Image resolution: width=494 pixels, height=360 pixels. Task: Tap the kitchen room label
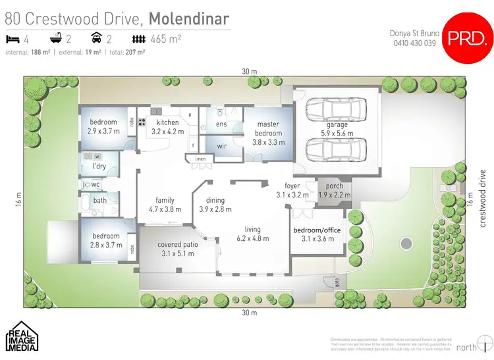(x=167, y=122)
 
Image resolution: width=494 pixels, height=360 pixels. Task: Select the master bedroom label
(x=268, y=124)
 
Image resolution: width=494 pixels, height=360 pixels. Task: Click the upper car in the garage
(x=336, y=109)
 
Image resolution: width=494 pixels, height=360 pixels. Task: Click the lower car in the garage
(x=336, y=150)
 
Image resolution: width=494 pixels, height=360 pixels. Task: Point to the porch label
(x=331, y=186)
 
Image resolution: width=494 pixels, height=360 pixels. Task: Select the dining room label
(x=215, y=201)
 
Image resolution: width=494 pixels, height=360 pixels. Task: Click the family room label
(x=165, y=201)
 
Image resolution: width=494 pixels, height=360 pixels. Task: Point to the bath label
(x=100, y=201)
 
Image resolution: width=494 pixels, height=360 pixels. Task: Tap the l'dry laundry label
(x=99, y=167)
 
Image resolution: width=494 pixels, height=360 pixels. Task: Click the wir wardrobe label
(x=222, y=147)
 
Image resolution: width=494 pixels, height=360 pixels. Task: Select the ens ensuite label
(x=222, y=124)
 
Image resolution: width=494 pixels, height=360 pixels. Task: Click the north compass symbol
(x=483, y=343)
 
